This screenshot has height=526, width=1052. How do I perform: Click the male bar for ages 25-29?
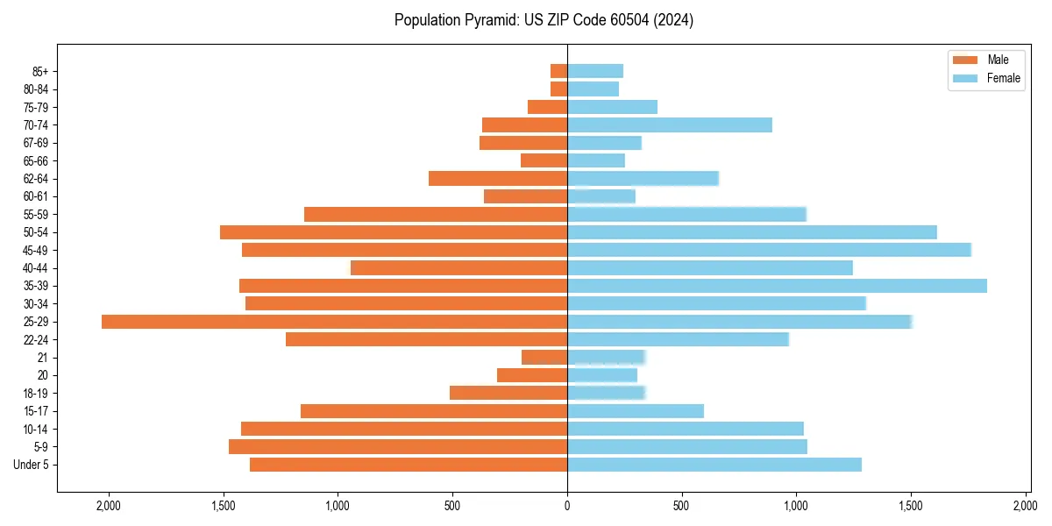click(x=334, y=322)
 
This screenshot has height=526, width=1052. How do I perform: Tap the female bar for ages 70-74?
click(x=670, y=124)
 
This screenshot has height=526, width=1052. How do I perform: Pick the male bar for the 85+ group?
click(x=558, y=71)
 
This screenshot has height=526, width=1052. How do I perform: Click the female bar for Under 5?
click(x=714, y=465)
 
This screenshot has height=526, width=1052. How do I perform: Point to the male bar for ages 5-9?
click(x=398, y=447)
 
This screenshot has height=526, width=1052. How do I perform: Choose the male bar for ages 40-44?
click(x=458, y=268)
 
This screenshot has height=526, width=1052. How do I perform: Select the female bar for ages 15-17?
click(x=636, y=411)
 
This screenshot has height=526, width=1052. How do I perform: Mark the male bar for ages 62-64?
click(x=498, y=179)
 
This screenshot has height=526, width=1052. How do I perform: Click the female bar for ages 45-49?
click(x=769, y=250)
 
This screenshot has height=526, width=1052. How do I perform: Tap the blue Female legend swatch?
click(x=964, y=79)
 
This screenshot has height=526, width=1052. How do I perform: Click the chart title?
click(x=544, y=20)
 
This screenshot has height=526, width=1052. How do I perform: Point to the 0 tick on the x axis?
click(x=567, y=506)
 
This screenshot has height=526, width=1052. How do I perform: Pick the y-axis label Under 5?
click(x=32, y=465)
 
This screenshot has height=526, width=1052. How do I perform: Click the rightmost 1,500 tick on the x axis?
click(x=911, y=506)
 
